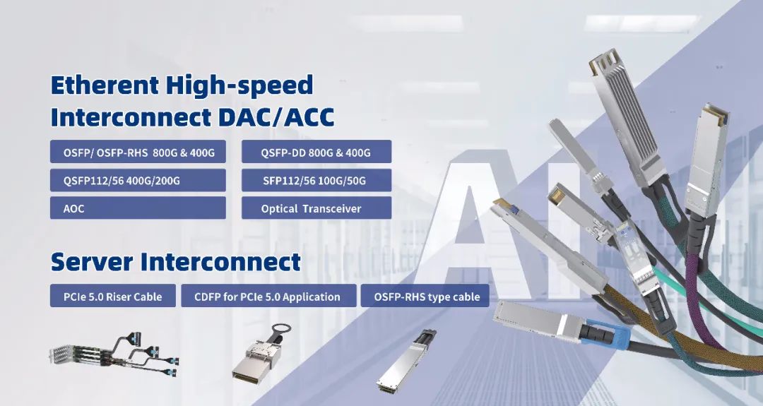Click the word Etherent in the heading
(105, 85)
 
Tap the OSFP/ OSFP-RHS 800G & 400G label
(138, 152)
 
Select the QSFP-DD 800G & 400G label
(317, 152)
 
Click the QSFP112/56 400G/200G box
(138, 180)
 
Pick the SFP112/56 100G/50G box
(317, 180)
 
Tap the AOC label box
(138, 208)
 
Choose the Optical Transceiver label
(317, 208)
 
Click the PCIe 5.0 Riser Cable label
(113, 296)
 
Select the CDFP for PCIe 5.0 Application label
(268, 296)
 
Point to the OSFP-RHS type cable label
(425, 296)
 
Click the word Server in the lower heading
(92, 261)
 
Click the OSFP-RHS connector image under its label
(406, 361)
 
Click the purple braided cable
(706, 297)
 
